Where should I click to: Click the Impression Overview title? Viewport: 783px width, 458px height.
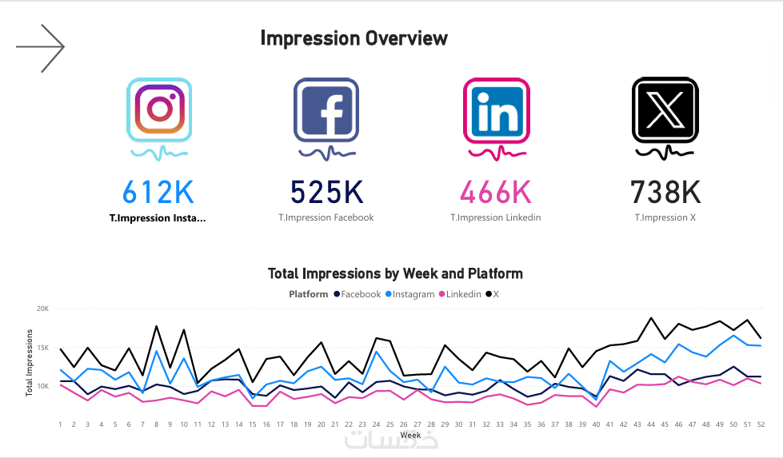[x=354, y=38]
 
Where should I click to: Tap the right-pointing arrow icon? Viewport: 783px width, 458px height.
[x=40, y=48]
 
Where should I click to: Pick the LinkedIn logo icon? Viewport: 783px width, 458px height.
[x=496, y=110]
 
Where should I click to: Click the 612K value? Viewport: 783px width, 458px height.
[x=158, y=192]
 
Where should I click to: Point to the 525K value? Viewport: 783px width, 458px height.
[x=326, y=192]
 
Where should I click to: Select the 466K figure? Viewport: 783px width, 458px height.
[x=495, y=192]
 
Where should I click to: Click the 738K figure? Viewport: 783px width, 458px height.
[x=665, y=192]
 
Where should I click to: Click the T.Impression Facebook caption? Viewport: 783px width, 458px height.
[x=326, y=217]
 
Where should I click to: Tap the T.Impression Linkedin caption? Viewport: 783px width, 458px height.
[x=495, y=217]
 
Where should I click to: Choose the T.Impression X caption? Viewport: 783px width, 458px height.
[x=665, y=217]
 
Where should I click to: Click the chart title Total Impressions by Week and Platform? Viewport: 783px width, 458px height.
[x=395, y=274]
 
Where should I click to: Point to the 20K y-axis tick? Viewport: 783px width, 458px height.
[x=42, y=309]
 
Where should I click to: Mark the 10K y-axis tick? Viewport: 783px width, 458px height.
[x=42, y=387]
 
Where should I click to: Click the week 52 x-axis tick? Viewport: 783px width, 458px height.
[x=760, y=424]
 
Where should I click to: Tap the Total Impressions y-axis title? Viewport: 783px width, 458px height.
[x=30, y=362]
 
